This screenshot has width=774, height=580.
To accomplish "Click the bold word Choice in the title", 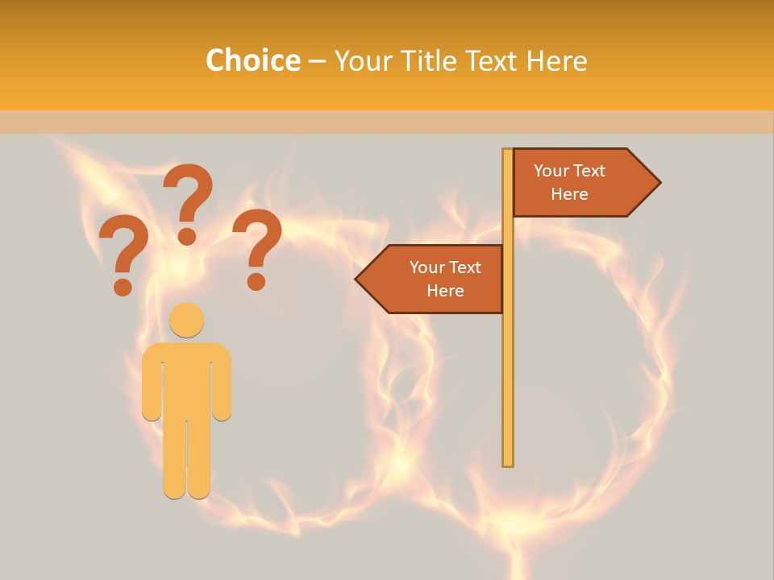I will (252, 60).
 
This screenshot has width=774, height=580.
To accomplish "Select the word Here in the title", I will (556, 60).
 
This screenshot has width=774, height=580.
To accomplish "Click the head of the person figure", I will (186, 320).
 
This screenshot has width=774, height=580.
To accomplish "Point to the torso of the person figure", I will (186, 379).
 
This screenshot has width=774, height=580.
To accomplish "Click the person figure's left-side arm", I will (152, 383).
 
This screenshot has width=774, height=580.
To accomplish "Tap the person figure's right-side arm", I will (222, 383).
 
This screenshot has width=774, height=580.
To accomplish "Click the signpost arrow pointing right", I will (580, 183).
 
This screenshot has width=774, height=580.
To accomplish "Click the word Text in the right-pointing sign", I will (589, 171).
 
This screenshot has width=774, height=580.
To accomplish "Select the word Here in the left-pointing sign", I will (445, 291).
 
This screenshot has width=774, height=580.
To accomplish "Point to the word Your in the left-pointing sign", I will (427, 267).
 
